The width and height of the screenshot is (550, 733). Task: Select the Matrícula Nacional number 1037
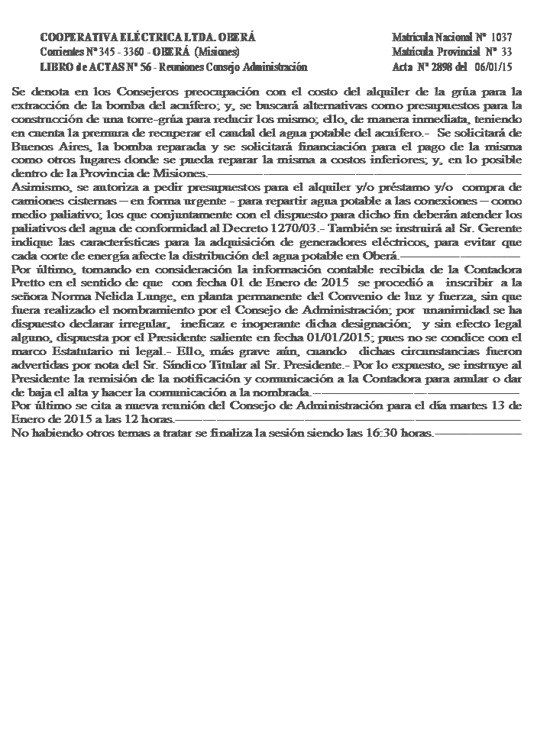click(x=501, y=37)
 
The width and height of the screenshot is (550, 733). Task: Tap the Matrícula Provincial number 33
click(x=506, y=52)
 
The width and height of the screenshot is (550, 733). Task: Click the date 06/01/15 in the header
click(x=493, y=67)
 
